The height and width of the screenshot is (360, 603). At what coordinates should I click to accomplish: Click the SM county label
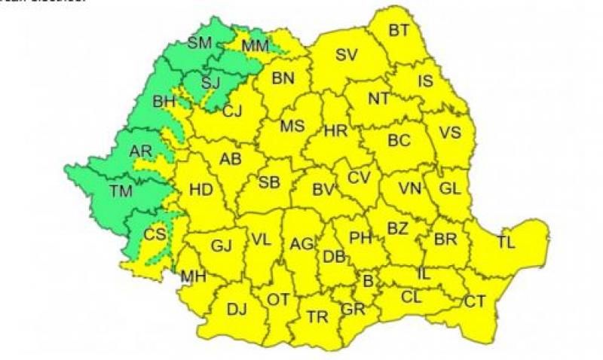tap(200, 43)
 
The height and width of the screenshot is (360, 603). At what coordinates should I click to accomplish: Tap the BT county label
tap(399, 31)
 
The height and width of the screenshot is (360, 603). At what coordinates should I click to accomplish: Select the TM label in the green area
tap(120, 191)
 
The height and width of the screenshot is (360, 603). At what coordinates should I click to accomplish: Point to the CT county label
tap(475, 302)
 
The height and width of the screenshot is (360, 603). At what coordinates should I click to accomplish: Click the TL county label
tap(507, 242)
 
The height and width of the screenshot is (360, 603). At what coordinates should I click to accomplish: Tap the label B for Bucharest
tap(369, 281)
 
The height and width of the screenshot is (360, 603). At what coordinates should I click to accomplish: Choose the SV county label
tap(347, 54)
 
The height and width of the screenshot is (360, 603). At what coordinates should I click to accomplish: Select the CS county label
tap(155, 234)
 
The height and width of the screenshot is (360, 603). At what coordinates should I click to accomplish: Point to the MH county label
tap(193, 277)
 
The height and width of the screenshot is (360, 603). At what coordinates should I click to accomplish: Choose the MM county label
tap(255, 47)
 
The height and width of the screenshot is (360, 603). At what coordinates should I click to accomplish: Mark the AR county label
tap(140, 151)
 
